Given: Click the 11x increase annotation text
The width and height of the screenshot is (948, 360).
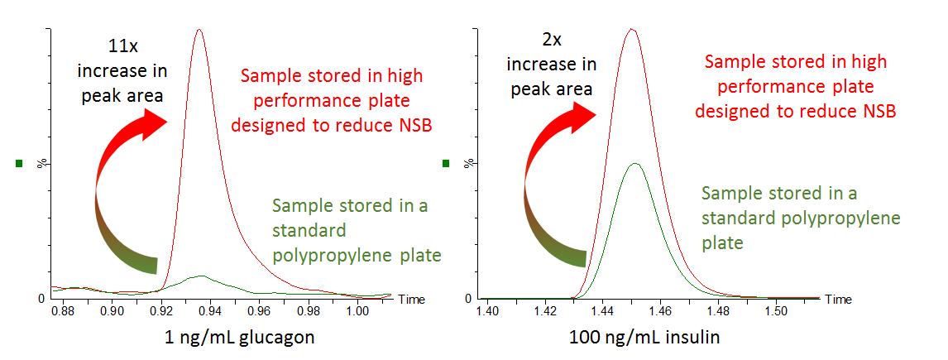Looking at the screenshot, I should [x=135, y=70].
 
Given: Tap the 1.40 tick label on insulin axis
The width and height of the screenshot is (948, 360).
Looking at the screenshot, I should [x=487, y=311].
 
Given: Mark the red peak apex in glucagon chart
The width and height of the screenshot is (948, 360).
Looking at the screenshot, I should [x=198, y=30].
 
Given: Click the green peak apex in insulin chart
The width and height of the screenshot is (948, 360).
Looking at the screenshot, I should [x=634, y=164].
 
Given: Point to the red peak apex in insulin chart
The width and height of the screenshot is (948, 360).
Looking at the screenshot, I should [x=631, y=30].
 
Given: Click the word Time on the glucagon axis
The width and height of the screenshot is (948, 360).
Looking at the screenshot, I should [x=411, y=298].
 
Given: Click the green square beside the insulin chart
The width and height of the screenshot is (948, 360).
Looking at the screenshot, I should [x=446, y=164].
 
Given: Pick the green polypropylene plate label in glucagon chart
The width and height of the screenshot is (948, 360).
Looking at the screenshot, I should [x=356, y=231].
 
